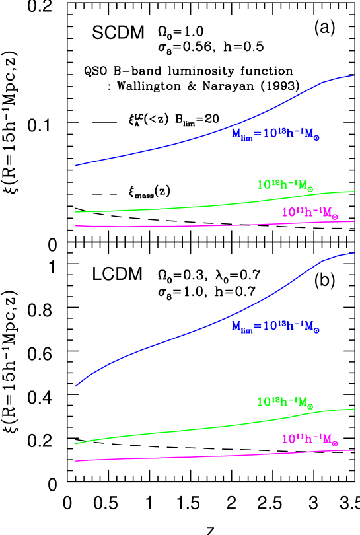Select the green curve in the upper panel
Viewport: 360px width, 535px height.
click(198, 206)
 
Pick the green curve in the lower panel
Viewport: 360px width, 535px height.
click(198, 429)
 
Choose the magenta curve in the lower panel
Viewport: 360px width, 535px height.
click(198, 456)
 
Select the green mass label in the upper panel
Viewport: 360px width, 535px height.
click(285, 185)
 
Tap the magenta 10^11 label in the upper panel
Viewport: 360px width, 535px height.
click(310, 213)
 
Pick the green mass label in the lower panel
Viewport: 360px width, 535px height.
click(285, 402)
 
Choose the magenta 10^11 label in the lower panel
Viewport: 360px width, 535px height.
click(310, 439)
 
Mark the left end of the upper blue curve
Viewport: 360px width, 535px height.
click(76, 165)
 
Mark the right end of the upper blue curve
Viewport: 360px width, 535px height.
click(355, 75)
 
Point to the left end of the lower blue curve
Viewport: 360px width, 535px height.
click(76, 386)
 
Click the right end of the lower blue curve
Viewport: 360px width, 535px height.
click(355, 252)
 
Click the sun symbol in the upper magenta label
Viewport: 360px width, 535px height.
click(334, 216)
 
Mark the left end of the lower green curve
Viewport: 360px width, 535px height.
click(76, 444)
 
